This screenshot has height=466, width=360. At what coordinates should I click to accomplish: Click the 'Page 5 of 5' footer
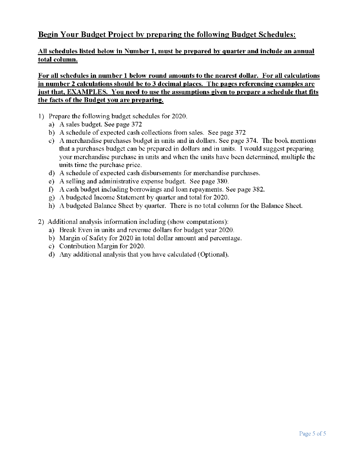pos(312,433)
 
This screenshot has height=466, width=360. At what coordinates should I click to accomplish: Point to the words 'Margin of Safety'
pos(84,238)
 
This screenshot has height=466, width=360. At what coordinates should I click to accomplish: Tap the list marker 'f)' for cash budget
pos(51,189)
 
